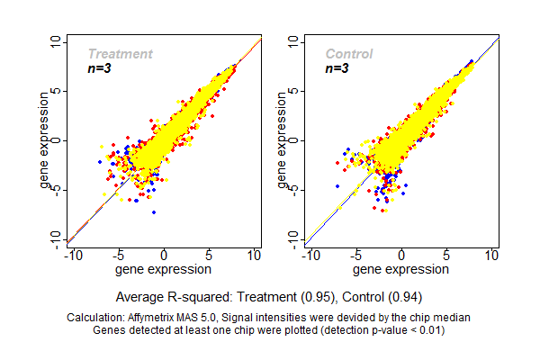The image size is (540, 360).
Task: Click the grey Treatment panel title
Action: coord(120,54)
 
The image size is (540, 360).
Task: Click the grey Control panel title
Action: coord(348,54)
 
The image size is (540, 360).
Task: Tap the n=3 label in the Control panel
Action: coord(337,68)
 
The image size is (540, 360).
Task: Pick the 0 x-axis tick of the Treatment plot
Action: coord(165,256)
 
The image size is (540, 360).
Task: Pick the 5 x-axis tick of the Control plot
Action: coord(446,256)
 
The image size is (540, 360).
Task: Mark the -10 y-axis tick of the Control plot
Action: coord(296,238)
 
